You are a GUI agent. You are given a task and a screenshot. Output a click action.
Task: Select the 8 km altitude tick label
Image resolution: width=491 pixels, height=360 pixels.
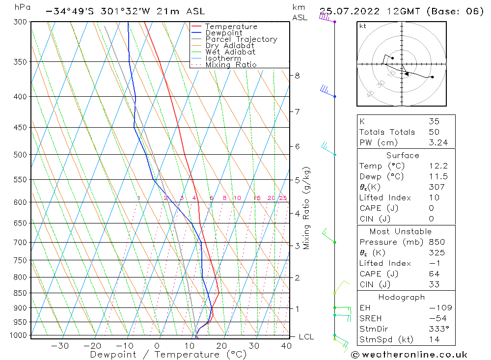[297, 76]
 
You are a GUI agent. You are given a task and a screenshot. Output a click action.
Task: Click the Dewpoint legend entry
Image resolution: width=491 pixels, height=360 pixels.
[223, 33]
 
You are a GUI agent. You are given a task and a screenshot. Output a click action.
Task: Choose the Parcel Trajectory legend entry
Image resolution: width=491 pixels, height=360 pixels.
[241, 39]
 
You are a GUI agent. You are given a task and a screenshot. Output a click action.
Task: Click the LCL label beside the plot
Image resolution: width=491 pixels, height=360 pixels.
[306, 337]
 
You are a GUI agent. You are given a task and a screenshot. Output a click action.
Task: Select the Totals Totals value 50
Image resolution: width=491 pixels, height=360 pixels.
[434, 132]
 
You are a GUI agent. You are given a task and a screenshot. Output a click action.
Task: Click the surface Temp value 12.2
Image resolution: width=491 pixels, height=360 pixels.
[438, 166]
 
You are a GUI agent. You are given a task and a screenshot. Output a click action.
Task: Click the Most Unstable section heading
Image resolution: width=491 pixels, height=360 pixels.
[401, 231]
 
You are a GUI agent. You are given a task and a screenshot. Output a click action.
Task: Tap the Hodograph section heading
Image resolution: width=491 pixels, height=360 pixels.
[401, 297]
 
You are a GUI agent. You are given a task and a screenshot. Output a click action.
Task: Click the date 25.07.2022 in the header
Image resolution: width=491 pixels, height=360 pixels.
[346, 11]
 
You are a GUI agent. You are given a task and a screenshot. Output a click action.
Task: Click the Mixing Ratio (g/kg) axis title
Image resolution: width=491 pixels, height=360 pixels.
[307, 208]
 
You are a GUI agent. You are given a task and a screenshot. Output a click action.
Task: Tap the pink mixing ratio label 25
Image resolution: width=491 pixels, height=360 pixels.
[283, 198]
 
